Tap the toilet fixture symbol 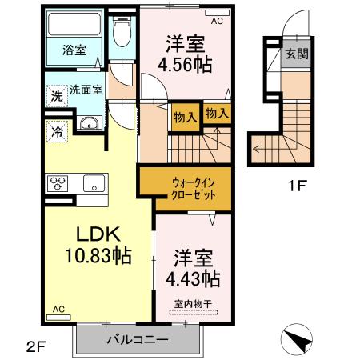click(122, 33)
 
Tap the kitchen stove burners click(58, 183)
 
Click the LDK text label click(98, 235)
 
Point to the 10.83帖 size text click(98, 258)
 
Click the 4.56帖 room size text click(189, 64)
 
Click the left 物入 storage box click(184, 116)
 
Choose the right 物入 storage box click(216, 113)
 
